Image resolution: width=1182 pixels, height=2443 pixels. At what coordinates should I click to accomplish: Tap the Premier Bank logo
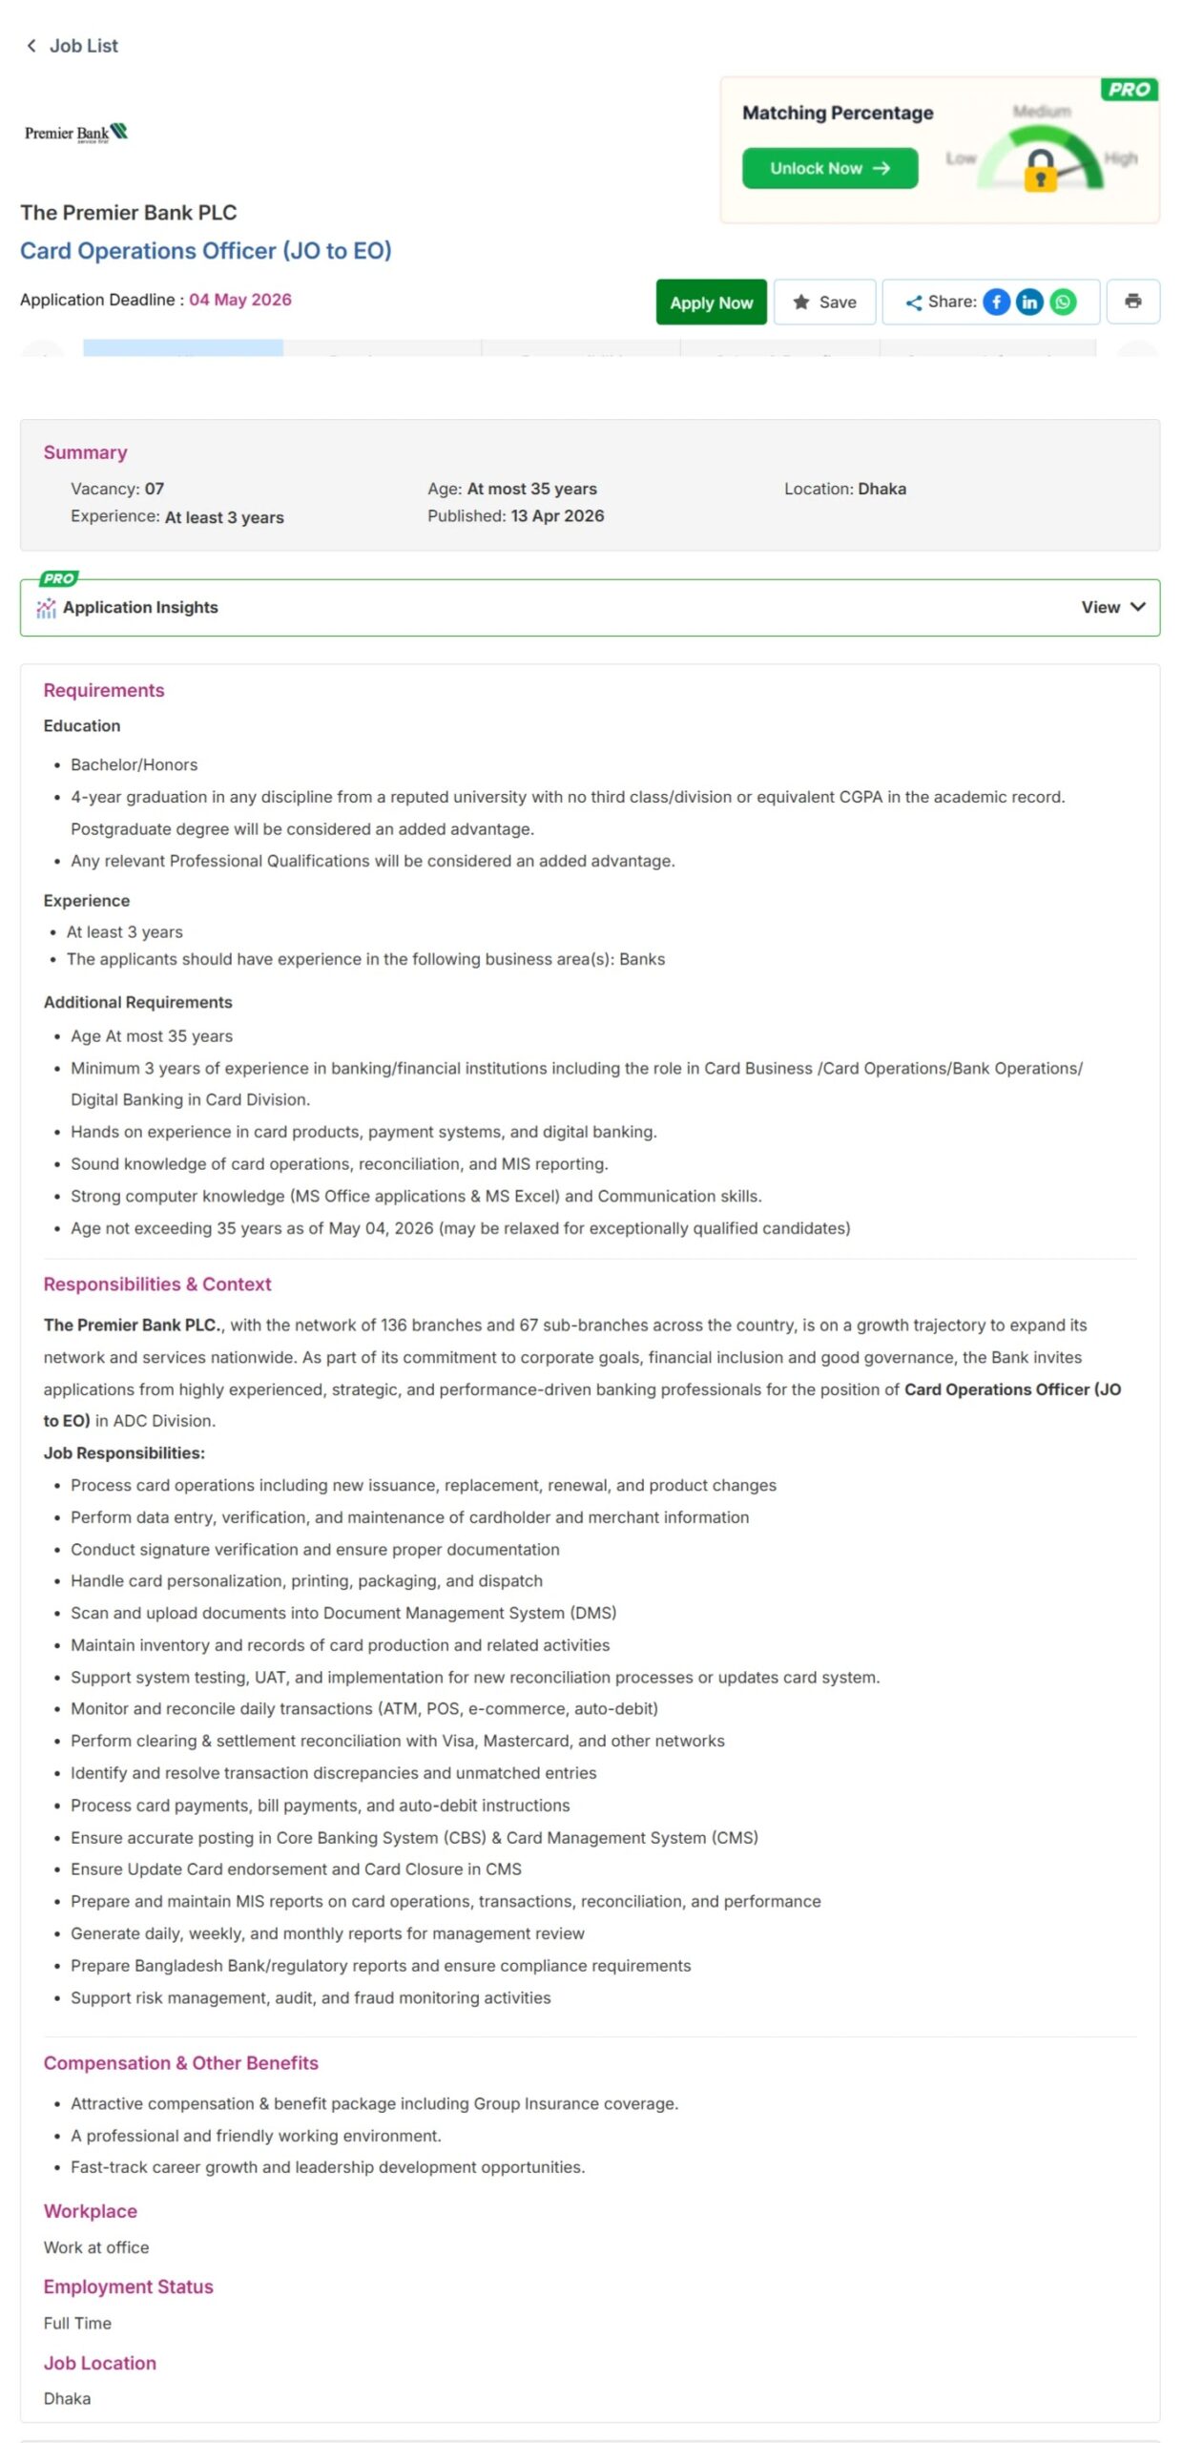[76, 133]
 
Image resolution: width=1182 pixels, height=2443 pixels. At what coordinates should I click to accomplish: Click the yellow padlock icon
[1040, 173]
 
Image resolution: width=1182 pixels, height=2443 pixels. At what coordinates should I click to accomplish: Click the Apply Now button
[711, 303]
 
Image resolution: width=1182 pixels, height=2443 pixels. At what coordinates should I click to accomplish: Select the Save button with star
[824, 303]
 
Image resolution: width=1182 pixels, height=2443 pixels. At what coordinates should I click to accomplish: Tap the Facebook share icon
[996, 303]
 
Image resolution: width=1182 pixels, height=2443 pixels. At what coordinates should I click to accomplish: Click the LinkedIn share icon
[1029, 303]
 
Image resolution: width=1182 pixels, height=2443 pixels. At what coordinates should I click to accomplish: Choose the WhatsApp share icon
[1063, 303]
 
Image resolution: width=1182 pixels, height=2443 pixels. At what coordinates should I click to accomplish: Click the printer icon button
[1132, 302]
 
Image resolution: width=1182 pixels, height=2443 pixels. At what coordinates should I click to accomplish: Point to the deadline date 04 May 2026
[240, 300]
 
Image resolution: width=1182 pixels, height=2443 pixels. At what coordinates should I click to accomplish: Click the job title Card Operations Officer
[206, 251]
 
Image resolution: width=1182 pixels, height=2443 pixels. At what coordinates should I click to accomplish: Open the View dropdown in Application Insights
[1112, 608]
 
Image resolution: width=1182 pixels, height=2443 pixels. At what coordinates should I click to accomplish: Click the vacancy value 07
[155, 489]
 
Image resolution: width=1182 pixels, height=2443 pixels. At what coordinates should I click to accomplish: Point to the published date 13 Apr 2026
[557, 516]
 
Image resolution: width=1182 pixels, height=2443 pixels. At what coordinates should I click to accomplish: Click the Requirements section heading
[104, 691]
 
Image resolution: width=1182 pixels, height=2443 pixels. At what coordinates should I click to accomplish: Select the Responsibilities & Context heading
[157, 1284]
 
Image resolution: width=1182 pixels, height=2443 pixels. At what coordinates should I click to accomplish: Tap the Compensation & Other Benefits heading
[181, 2063]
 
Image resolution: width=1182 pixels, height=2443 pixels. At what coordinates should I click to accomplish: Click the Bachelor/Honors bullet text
[135, 765]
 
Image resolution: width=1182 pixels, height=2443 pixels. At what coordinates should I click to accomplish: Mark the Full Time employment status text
[77, 2324]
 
